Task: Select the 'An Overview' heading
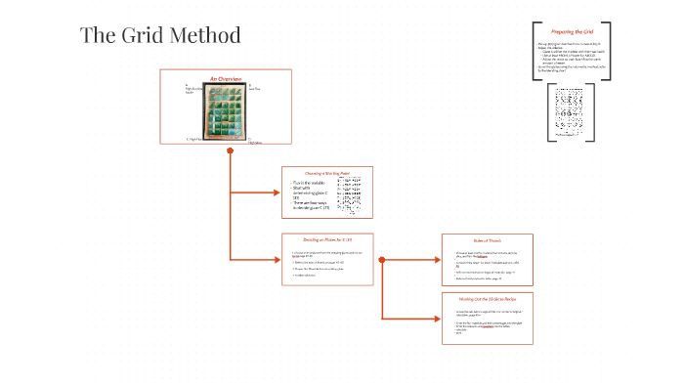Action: [x=226, y=77]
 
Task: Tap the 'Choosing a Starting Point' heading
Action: [x=328, y=172]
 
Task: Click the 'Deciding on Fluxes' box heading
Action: [x=328, y=238]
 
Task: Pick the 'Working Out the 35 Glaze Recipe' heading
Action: [x=488, y=297]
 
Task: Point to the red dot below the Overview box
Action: [x=229, y=150]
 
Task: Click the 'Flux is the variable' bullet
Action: [x=311, y=183]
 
